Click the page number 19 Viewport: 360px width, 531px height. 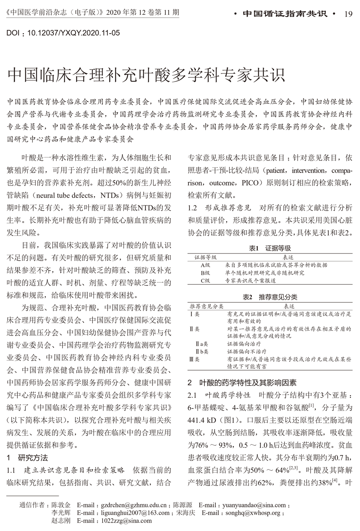click(348, 14)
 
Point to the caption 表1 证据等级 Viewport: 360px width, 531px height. click(270, 248)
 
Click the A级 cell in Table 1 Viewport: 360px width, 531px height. click(205, 265)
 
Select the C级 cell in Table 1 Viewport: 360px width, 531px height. click(205, 281)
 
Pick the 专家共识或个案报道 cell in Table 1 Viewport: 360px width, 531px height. click(251, 281)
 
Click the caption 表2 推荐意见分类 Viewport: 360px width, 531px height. click(270, 297)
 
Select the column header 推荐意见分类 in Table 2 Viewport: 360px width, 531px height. click(207, 306)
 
